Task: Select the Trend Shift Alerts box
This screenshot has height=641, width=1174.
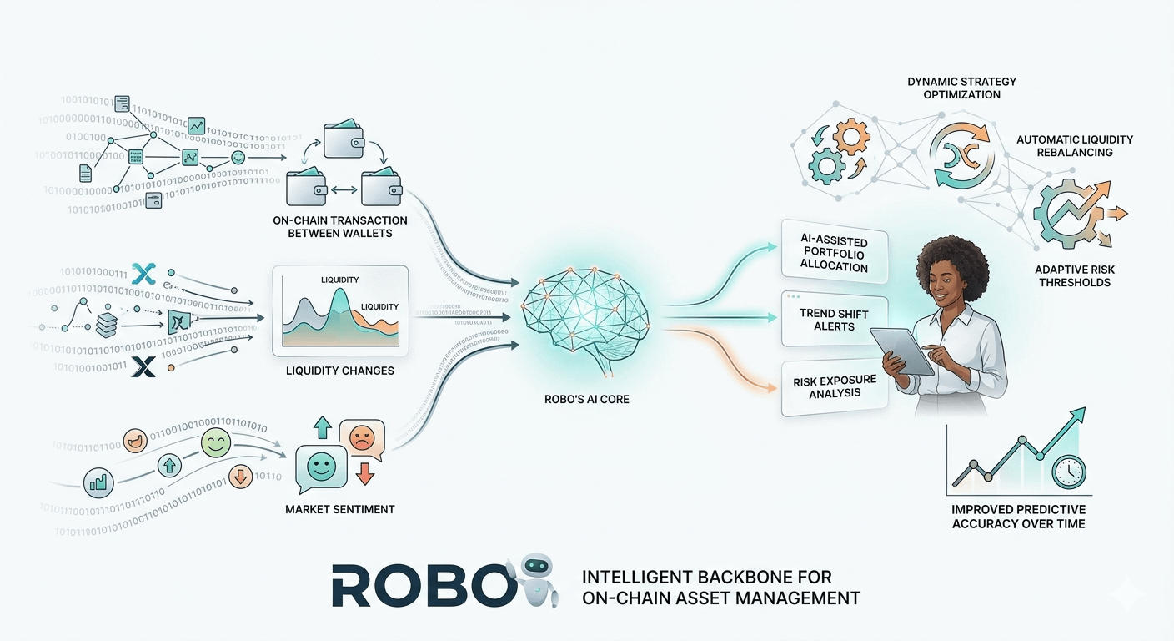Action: tap(834, 320)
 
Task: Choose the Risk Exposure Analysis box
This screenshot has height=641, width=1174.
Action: tap(834, 387)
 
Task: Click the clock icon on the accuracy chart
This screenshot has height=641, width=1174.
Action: tap(1066, 472)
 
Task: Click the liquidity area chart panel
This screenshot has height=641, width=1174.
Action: tap(340, 311)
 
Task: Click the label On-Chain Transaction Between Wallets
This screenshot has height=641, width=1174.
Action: tap(340, 226)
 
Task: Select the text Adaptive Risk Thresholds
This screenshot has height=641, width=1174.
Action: tap(1074, 276)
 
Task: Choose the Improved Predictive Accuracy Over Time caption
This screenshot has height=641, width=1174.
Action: tap(1019, 517)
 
